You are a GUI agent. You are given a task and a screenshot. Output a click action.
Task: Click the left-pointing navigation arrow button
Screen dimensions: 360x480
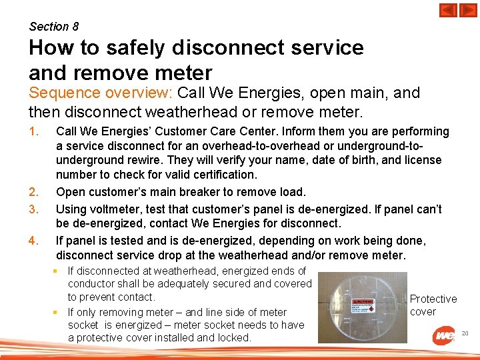(448, 11)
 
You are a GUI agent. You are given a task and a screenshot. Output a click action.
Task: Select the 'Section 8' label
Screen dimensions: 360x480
(54, 27)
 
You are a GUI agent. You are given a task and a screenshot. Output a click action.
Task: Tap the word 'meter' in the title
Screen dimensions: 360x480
(182, 72)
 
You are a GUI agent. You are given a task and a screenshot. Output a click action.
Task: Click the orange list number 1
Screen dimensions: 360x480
(33, 131)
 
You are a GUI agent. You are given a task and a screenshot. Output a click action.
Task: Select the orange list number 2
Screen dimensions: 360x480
(33, 192)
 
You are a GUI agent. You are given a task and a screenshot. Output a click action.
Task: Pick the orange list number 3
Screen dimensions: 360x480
(33, 209)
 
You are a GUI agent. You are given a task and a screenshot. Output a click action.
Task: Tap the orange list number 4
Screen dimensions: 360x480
(33, 240)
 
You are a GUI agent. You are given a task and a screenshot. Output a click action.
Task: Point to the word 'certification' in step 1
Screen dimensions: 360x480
(221, 175)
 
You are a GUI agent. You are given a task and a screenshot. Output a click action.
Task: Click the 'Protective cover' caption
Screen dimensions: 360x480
(433, 305)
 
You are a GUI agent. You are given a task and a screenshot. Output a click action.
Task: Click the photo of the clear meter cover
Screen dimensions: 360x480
(362, 307)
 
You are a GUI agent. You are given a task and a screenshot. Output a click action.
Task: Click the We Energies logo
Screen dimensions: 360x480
(444, 335)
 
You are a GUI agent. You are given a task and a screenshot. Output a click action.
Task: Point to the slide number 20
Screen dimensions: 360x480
(465, 333)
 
